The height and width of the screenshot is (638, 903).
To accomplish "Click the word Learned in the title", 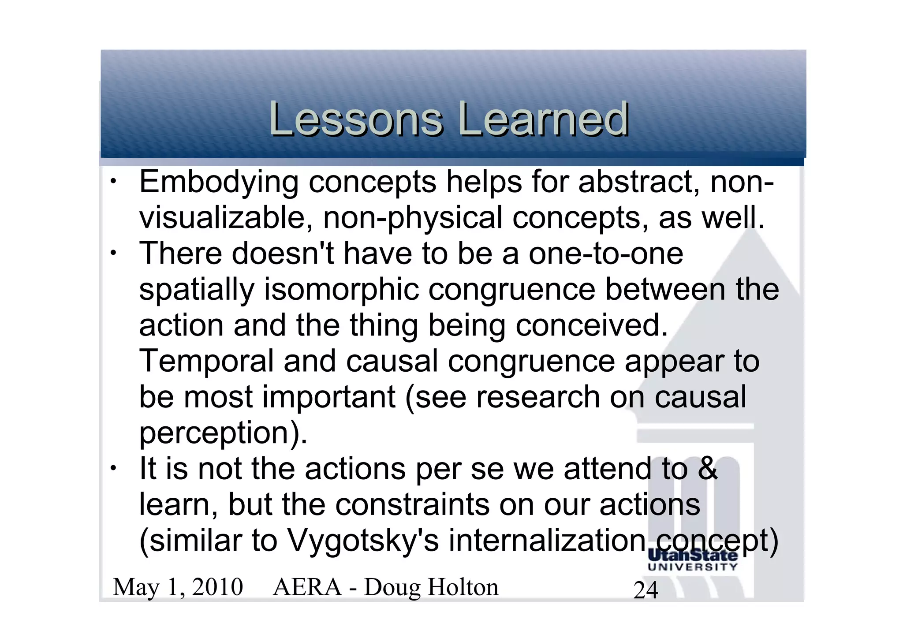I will pos(543,119).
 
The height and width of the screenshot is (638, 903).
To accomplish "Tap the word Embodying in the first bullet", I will pos(219,183).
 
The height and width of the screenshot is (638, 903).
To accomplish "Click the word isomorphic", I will pos(341,290).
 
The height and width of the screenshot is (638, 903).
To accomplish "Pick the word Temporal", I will pos(206,361).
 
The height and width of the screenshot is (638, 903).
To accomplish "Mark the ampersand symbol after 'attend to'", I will pos(708,468).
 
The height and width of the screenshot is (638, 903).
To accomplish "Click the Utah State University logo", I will pos(693,560).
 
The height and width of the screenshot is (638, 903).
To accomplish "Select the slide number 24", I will pos(646,590).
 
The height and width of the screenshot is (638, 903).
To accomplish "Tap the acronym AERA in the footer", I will pos(307,587).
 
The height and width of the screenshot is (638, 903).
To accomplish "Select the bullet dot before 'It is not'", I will pos(113,468).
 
